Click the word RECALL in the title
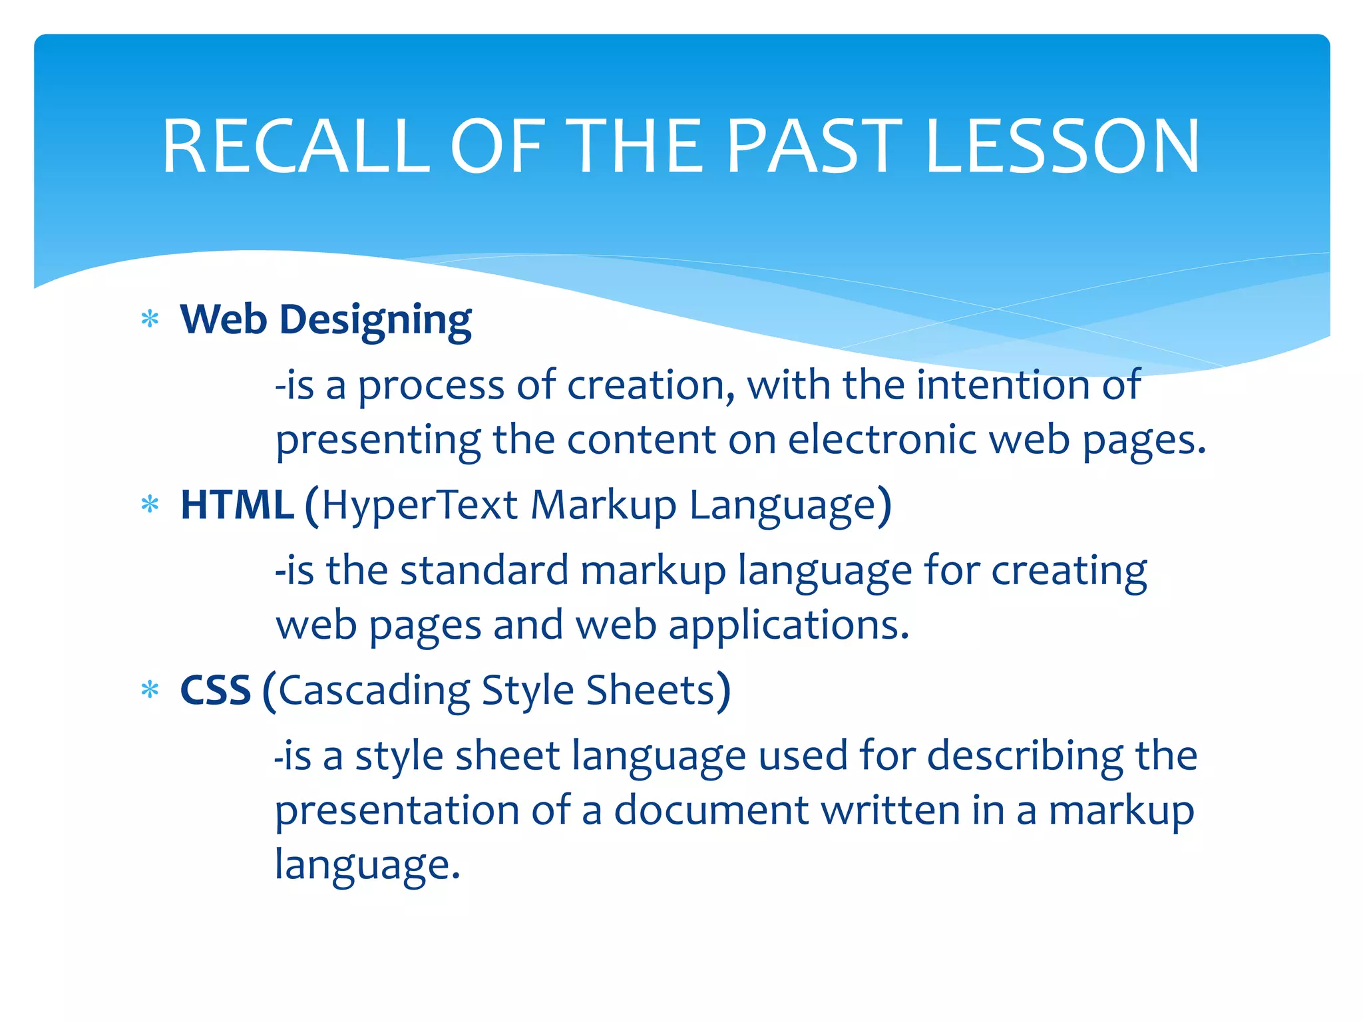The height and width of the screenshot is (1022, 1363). (296, 146)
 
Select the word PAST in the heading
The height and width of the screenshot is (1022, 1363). (814, 146)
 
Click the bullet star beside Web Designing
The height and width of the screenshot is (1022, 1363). (150, 319)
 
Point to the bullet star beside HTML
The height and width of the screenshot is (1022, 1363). (150, 504)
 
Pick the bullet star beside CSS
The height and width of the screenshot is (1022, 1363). (150, 690)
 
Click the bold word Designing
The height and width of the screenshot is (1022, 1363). (375, 321)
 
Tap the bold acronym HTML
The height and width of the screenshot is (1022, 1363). (237, 504)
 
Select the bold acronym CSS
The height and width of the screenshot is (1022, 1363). (215, 690)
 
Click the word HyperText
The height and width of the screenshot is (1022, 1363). (420, 504)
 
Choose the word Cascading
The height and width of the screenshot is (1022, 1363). (375, 691)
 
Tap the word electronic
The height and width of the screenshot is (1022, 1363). (882, 440)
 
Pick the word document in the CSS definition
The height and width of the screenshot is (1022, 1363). (711, 810)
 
